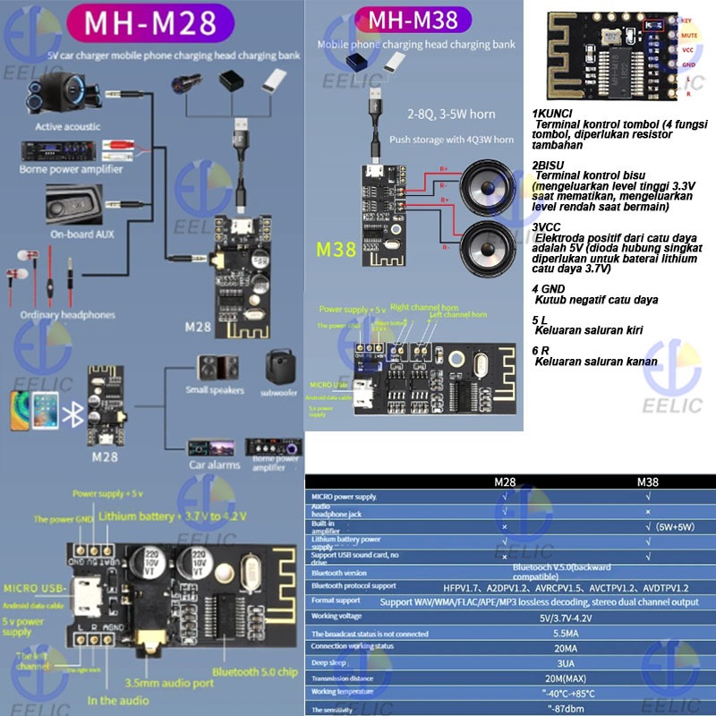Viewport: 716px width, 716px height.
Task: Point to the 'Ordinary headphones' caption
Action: click(68, 314)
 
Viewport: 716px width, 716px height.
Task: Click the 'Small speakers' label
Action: click(215, 390)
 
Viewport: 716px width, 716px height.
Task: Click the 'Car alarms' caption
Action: click(213, 465)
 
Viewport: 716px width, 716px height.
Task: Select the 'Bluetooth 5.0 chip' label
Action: click(253, 671)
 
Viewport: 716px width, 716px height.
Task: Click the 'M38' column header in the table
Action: click(647, 482)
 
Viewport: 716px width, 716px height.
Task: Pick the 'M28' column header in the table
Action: click(506, 482)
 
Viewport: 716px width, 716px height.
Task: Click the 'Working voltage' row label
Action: click(337, 616)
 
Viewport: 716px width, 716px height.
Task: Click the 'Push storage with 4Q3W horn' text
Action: click(451, 140)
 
